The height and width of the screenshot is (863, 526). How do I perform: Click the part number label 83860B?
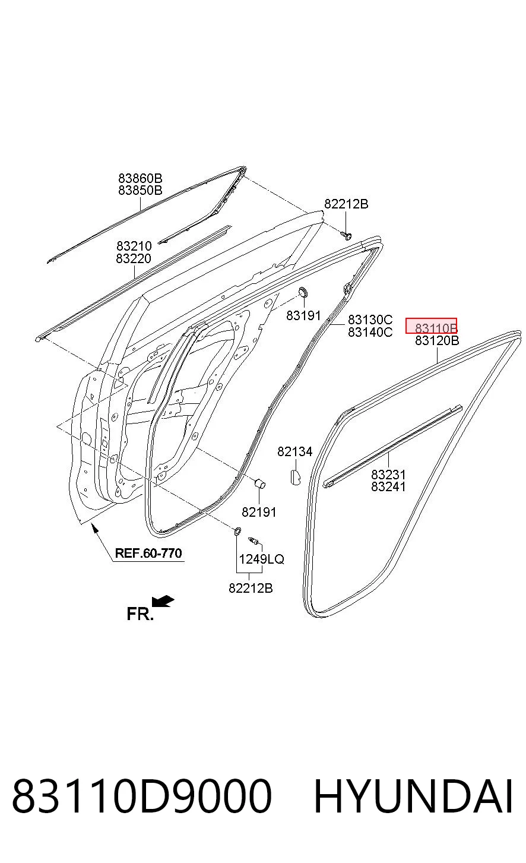coord(140,178)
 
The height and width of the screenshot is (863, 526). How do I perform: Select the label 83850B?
coord(140,190)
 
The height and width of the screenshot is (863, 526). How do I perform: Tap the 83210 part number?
coord(134,246)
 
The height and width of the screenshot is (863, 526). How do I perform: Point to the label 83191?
coord(303,315)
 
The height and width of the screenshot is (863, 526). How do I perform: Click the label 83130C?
coord(370,320)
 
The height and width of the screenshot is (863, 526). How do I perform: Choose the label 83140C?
coord(370,331)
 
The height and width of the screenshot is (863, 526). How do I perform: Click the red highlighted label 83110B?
coord(431,326)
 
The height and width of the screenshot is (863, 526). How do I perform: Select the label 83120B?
coord(437,340)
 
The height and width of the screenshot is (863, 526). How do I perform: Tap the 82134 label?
coord(295,451)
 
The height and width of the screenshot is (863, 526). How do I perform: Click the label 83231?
coord(388,475)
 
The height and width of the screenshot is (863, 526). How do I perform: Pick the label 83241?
coord(388,486)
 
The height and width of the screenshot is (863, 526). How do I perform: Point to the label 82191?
coord(259,512)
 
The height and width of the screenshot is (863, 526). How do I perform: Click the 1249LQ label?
coord(261,559)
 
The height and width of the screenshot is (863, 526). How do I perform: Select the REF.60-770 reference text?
coord(148,553)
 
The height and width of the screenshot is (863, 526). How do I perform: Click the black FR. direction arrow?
coord(163,602)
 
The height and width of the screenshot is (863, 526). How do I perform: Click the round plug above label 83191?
coord(303,292)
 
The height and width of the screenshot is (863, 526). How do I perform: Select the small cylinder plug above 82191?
coord(261,483)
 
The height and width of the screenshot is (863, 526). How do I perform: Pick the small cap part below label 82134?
coord(295,476)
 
